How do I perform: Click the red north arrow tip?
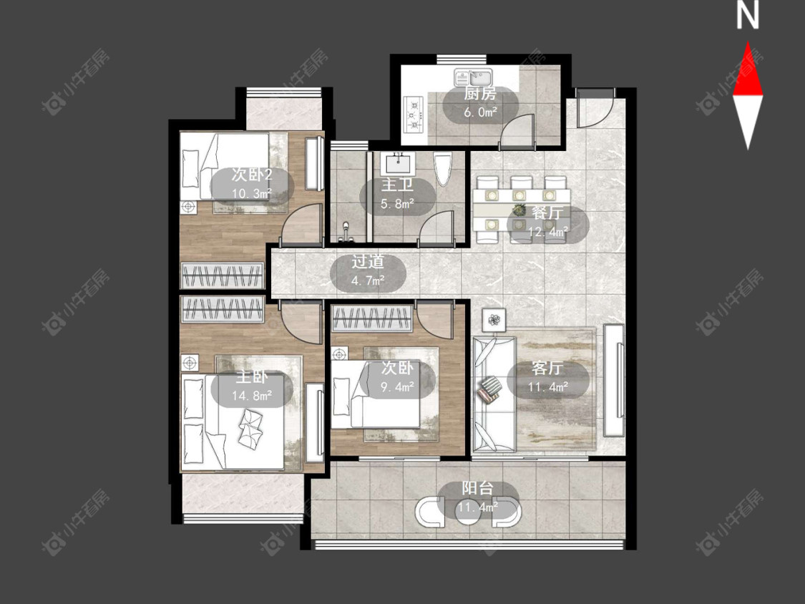[748, 42]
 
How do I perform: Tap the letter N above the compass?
[748, 15]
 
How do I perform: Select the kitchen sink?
[473, 77]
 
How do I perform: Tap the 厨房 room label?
[480, 94]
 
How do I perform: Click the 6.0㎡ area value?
[480, 112]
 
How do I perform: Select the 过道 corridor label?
[368, 261]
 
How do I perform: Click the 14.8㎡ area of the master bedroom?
[252, 396]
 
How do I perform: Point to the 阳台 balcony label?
[477, 488]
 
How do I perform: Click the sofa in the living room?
[494, 394]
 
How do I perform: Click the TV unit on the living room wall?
[615, 379]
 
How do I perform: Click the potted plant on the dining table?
[519, 210]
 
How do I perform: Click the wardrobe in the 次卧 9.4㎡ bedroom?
[372, 318]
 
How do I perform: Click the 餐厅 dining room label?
[548, 213]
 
